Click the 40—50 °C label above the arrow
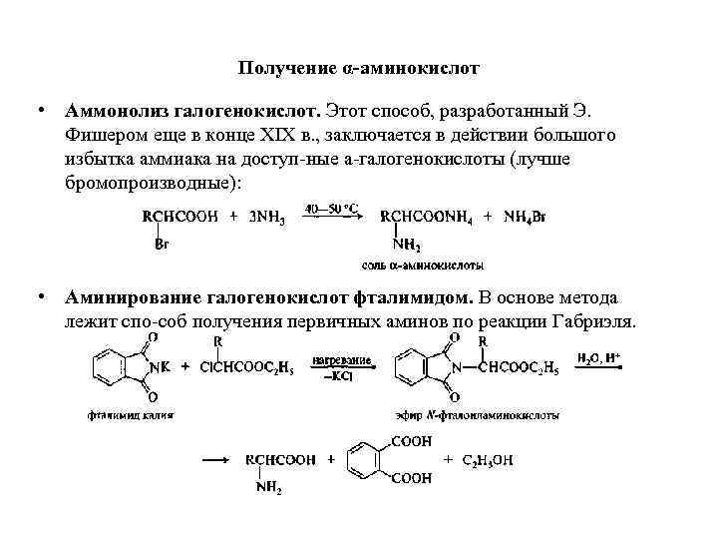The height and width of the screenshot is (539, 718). pyautogui.click(x=332, y=209)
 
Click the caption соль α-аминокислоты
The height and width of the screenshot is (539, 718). pyautogui.click(x=422, y=266)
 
